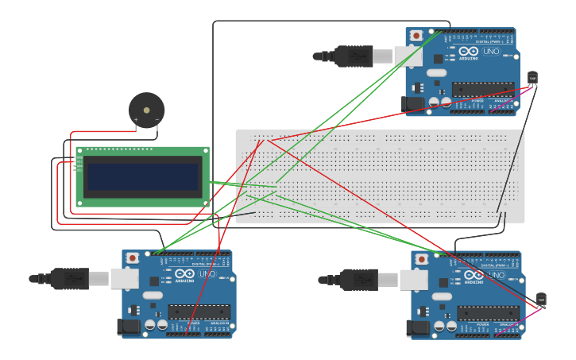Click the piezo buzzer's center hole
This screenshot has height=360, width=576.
(147, 110)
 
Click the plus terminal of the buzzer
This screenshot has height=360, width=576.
(136, 120)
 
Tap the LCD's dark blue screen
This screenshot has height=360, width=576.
(143, 176)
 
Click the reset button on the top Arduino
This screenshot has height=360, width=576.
(416, 36)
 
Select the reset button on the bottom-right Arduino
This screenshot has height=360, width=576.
(422, 259)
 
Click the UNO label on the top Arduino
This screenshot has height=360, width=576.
(491, 52)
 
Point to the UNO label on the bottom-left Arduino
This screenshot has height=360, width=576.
(207, 274)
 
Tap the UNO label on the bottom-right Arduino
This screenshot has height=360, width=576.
(497, 275)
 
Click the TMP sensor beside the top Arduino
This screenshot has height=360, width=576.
(532, 77)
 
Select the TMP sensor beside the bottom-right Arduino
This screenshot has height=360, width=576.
(541, 299)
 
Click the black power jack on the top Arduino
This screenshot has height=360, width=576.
(412, 103)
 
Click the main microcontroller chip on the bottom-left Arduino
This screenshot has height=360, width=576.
(199, 312)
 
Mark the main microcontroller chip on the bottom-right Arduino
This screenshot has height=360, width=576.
(488, 313)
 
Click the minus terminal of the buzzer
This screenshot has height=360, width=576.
(157, 120)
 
